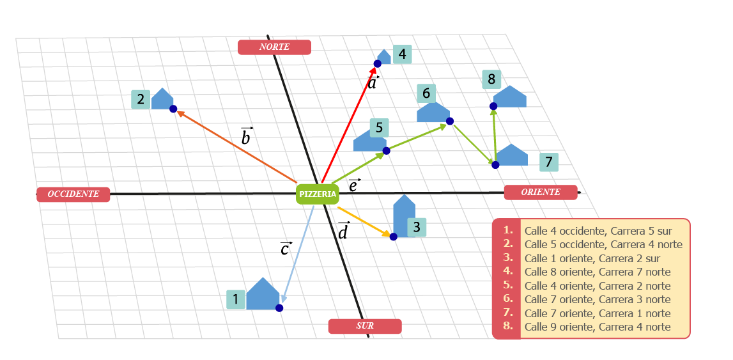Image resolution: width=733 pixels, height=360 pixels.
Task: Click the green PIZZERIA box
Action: (x=317, y=194)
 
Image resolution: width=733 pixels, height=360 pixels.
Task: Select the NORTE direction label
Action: (x=274, y=47)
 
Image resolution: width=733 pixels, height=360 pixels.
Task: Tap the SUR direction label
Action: (x=365, y=326)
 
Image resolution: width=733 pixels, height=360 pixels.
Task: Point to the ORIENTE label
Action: (x=541, y=192)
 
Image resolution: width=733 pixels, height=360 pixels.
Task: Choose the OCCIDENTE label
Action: (x=73, y=194)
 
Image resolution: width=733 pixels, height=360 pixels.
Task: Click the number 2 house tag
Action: (x=141, y=100)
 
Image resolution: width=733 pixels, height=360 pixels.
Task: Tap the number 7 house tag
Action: (x=548, y=162)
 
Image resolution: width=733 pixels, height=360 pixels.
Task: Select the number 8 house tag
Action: (x=491, y=79)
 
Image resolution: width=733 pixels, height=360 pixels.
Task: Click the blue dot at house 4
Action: (x=378, y=63)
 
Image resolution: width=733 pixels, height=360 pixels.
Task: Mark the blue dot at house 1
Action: (x=279, y=308)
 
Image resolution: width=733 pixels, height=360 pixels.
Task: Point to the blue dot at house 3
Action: (x=394, y=237)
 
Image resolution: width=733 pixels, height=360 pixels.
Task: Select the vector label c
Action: (x=286, y=249)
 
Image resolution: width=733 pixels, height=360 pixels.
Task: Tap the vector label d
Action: (x=343, y=231)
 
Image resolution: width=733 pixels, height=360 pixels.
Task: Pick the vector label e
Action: (x=354, y=186)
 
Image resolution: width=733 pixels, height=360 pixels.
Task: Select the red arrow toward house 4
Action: (x=348, y=125)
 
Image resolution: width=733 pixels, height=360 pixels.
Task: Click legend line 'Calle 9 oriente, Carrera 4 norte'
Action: (x=597, y=327)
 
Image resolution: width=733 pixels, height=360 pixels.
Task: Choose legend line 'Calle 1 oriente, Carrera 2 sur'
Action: (x=592, y=258)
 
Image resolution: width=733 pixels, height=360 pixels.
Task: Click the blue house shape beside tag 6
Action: (x=432, y=113)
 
